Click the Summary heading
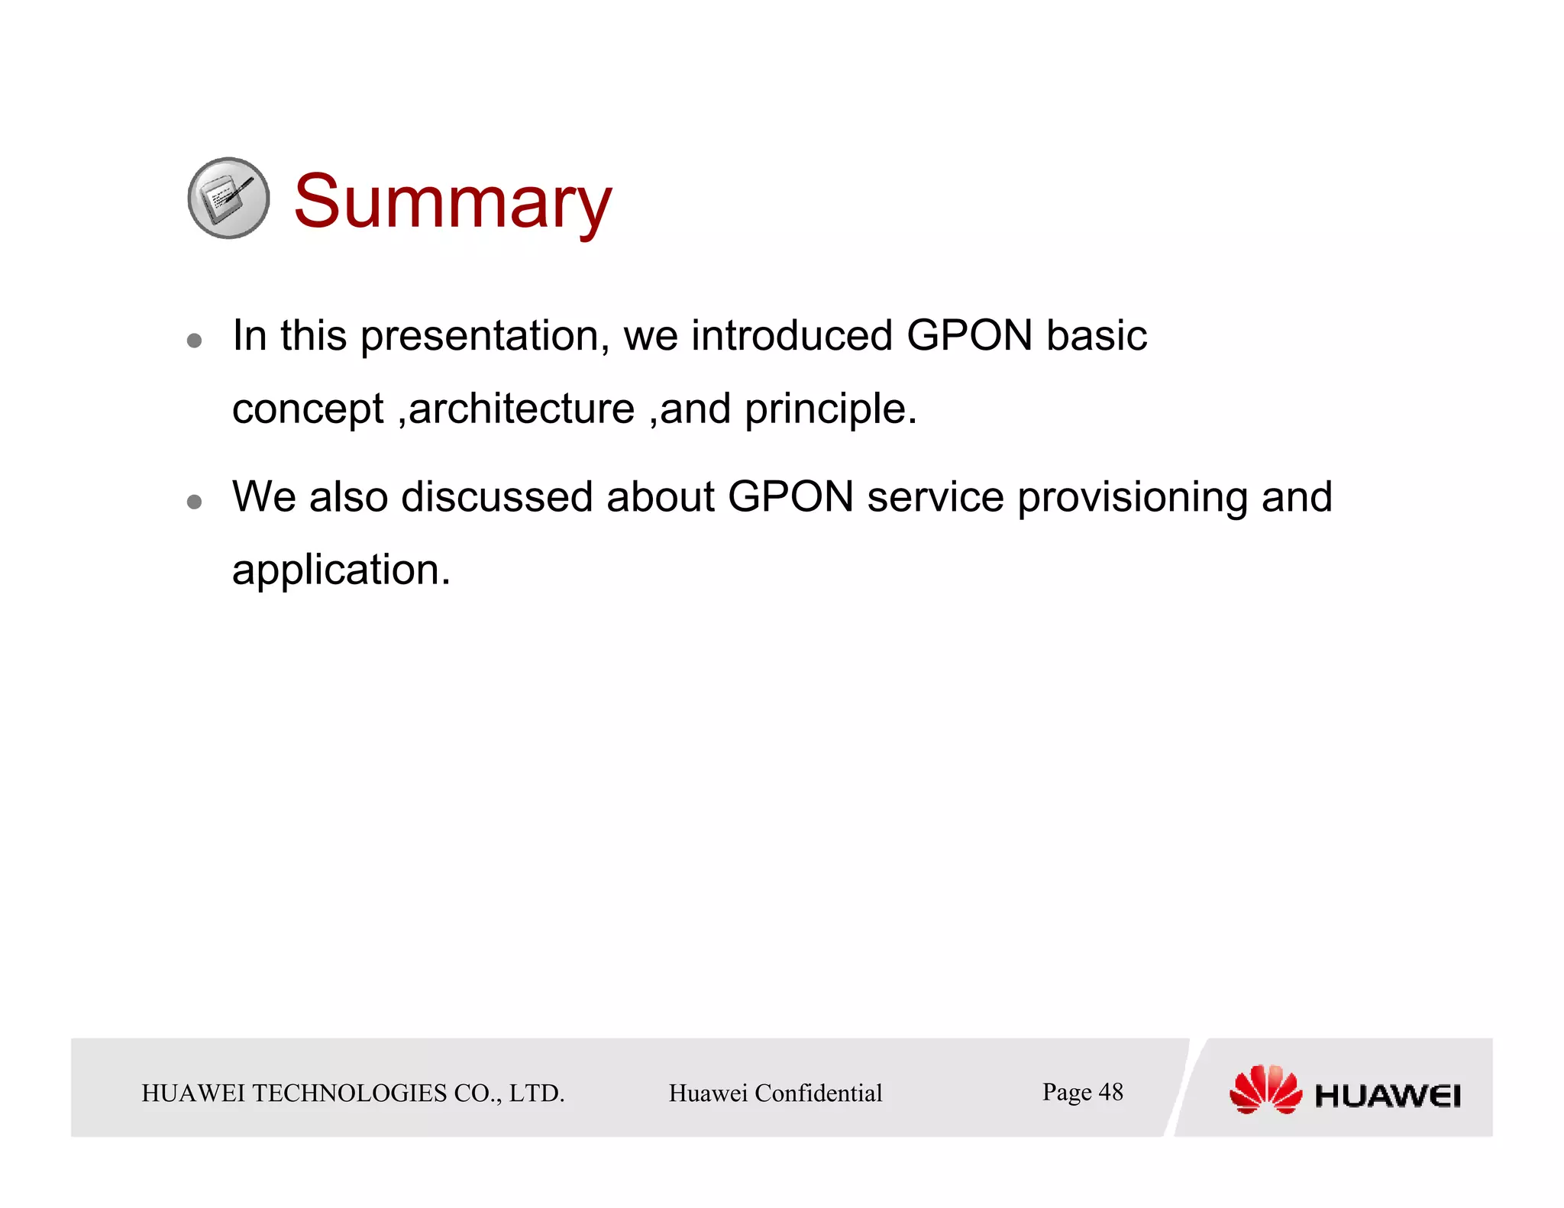pos(452,202)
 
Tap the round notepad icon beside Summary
pos(228,199)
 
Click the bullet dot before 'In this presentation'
pos(195,340)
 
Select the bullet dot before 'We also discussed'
pos(195,502)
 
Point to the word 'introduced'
pos(792,336)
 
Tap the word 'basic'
pos(1096,336)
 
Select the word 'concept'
pos(308,410)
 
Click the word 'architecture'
pos(522,409)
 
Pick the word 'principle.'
pos(830,410)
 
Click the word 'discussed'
pos(496,497)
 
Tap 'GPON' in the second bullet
pos(790,497)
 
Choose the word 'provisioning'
pos(1132,499)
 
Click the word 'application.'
pos(341,571)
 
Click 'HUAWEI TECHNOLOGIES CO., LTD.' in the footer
pos(353,1093)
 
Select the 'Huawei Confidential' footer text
pos(775,1093)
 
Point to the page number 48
pos(1110,1092)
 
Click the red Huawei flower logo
pos(1265,1090)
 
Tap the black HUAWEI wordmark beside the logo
pos(1387,1097)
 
